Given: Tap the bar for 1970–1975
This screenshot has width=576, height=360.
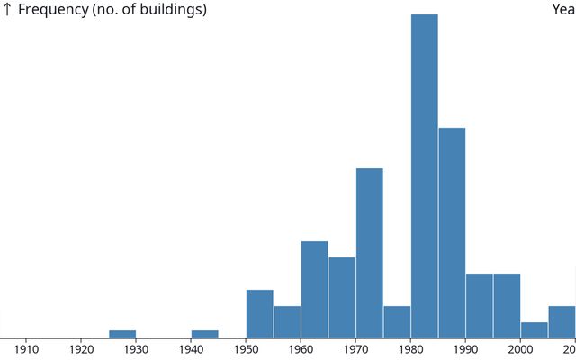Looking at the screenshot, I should [x=370, y=253].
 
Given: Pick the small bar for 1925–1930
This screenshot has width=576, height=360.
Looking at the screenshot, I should [x=122, y=334].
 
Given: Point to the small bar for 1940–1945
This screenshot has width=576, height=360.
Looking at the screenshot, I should [x=204, y=334].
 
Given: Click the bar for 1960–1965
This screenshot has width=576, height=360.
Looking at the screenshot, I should [x=315, y=289].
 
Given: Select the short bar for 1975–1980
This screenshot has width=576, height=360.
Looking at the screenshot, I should [x=397, y=321].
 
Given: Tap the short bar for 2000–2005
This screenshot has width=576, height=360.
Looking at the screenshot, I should [x=534, y=329].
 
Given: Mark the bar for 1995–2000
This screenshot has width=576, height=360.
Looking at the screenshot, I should [x=507, y=305].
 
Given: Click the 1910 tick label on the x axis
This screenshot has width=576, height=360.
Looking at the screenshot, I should [x=26, y=349].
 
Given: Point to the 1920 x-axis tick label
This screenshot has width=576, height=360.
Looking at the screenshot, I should [x=81, y=349].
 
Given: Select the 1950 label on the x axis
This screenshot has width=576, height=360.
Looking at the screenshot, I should [x=246, y=349].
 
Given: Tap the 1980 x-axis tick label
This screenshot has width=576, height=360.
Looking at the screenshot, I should [x=410, y=349].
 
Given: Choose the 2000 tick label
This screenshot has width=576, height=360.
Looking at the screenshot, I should [x=520, y=349].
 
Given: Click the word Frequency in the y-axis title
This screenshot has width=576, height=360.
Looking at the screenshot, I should [x=54, y=10].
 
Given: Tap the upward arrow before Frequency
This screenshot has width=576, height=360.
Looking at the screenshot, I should [x=7, y=10].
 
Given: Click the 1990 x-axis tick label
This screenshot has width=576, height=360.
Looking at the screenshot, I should [x=465, y=349].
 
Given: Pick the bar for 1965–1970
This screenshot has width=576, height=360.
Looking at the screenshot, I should [x=342, y=297].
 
